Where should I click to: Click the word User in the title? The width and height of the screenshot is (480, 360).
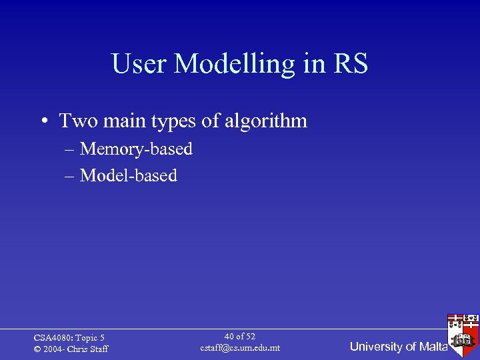[x=139, y=65]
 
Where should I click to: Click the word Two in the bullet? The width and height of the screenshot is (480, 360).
[x=75, y=121]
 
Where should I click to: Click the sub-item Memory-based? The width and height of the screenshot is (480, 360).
[x=136, y=149]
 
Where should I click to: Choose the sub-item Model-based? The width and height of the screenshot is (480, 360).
[x=129, y=175]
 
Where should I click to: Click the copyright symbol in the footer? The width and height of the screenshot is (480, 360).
[x=37, y=349]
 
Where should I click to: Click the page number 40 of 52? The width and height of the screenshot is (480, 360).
[x=240, y=337]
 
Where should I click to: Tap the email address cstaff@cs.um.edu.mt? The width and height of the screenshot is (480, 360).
[x=240, y=348]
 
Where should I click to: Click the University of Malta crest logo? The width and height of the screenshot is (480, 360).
[x=463, y=331]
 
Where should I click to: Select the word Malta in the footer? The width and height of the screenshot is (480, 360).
[x=433, y=347]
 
